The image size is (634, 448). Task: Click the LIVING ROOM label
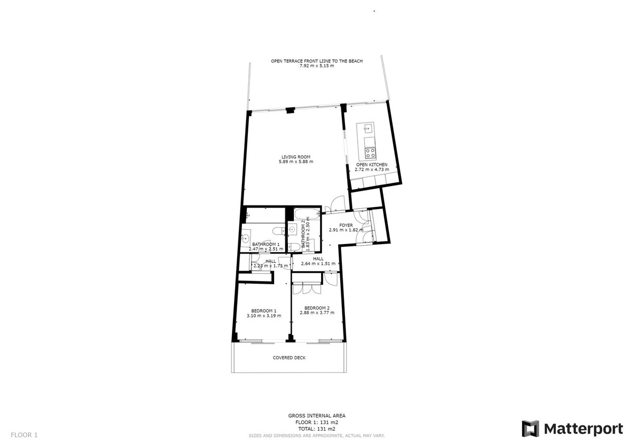click(x=296, y=156)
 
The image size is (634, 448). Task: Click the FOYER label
click(x=346, y=225)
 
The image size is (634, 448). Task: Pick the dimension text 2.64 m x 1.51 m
click(x=319, y=264)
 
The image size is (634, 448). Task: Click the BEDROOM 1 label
click(x=264, y=310)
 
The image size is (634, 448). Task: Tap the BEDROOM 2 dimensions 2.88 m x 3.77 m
click(x=317, y=313)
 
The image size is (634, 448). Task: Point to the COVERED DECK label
click(x=289, y=358)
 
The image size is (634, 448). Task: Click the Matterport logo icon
click(x=530, y=428)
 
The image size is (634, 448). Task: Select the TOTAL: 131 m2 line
click(x=316, y=429)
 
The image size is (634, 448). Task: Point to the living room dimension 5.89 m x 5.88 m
click(x=296, y=162)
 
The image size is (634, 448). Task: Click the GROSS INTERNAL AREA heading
click(x=316, y=416)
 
